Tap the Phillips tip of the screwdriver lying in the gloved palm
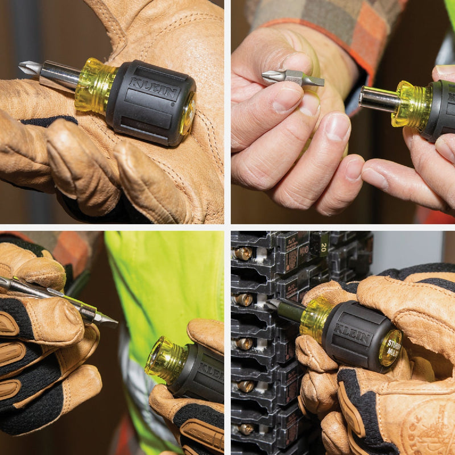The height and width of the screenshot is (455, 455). (27, 67)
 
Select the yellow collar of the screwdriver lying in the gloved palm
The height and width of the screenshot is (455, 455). (94, 85)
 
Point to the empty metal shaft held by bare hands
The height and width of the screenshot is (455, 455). (378, 98)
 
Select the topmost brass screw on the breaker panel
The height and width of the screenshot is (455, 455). (244, 253)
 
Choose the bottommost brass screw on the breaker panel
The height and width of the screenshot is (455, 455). (245, 428)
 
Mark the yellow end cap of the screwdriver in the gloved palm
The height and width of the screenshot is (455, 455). (187, 114)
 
